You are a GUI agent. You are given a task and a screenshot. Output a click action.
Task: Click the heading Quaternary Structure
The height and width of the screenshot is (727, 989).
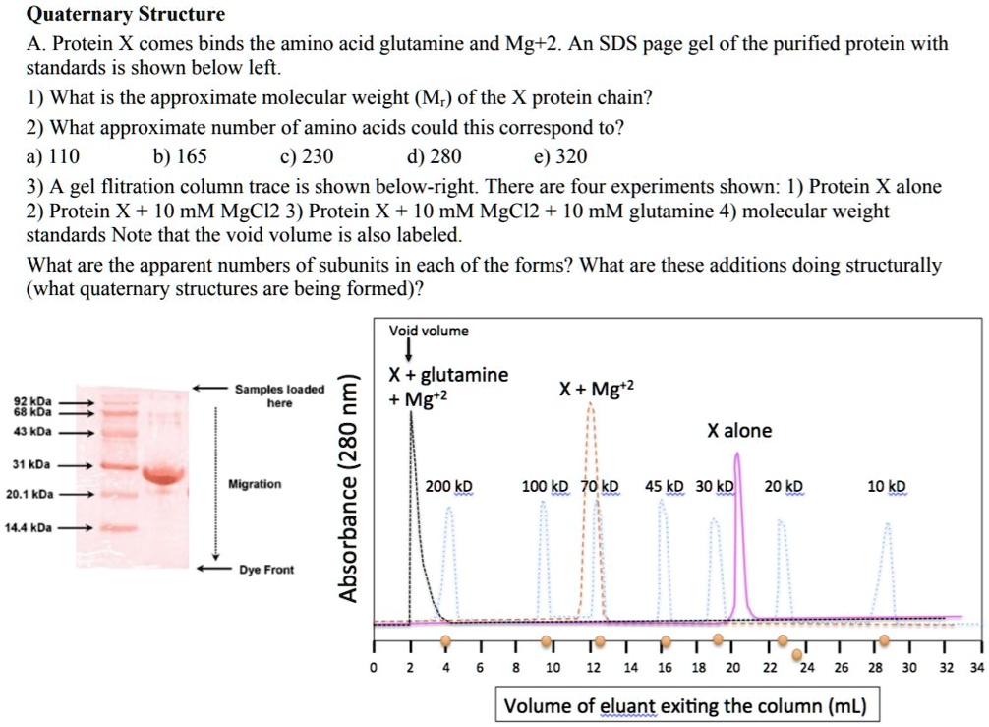tap(125, 15)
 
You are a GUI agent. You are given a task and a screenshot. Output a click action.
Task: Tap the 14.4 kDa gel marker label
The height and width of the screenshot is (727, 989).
tap(28, 528)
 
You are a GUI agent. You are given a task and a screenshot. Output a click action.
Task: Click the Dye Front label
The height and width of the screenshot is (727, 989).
tap(267, 570)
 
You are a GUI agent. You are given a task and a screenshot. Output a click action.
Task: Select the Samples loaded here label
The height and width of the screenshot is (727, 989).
tap(280, 395)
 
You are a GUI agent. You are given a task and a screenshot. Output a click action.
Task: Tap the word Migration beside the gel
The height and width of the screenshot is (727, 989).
tap(255, 484)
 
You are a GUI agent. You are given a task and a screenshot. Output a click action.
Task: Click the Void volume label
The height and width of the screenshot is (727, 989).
tap(429, 331)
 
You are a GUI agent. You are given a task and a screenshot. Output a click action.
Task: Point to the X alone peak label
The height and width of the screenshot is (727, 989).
tap(739, 431)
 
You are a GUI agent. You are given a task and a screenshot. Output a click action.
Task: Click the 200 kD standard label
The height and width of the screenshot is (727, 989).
tap(449, 487)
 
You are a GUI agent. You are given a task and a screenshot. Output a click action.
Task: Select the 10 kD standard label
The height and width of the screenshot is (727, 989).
tap(887, 487)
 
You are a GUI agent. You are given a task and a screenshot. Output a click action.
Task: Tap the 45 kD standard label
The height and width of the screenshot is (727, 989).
tap(666, 487)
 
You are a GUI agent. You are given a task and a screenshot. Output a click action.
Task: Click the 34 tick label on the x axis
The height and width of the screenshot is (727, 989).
tap(975, 667)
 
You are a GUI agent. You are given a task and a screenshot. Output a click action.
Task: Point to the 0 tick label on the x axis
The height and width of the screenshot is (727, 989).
tap(373, 667)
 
